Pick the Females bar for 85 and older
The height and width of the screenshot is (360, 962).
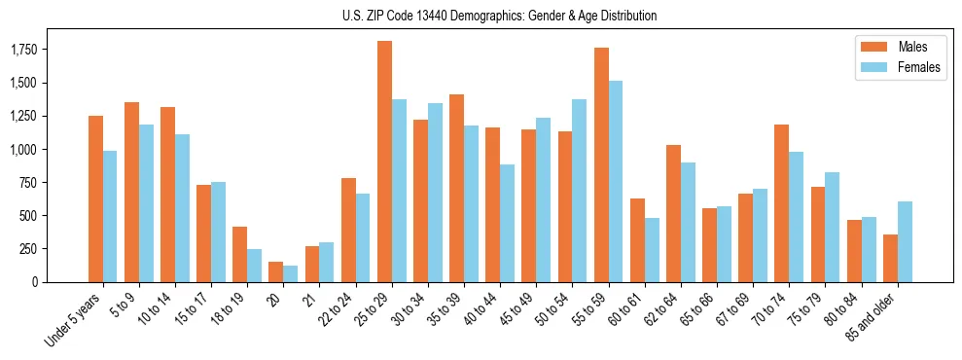905,241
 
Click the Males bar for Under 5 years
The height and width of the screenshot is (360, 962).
95,198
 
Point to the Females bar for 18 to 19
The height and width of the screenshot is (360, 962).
254,265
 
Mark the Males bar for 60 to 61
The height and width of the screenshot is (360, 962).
637,239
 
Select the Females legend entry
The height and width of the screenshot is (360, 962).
899,67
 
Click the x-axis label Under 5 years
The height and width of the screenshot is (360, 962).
74,317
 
